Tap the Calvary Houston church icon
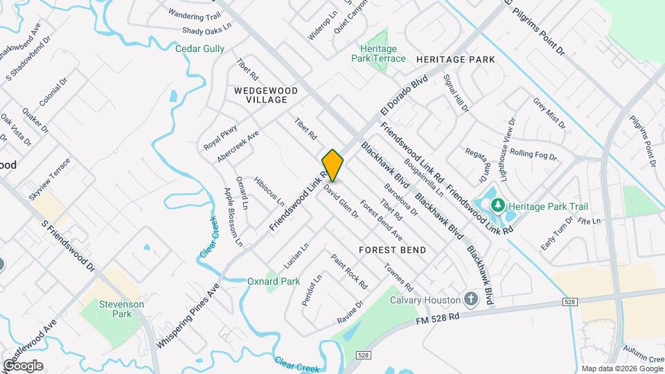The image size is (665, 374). [471, 300]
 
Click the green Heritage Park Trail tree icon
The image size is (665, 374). [497, 206]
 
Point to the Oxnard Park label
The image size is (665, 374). [274, 281]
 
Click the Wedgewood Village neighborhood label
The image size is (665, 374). [265, 95]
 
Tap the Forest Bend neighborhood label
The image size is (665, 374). [392, 249]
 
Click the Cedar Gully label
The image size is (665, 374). [199, 48]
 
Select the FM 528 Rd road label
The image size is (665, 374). [438, 319]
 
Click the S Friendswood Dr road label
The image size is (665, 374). [67, 246]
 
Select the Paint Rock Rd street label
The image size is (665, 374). [348, 271]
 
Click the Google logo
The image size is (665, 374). [22, 366]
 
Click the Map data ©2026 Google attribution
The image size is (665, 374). [622, 368]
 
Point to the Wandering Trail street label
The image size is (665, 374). [194, 15]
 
